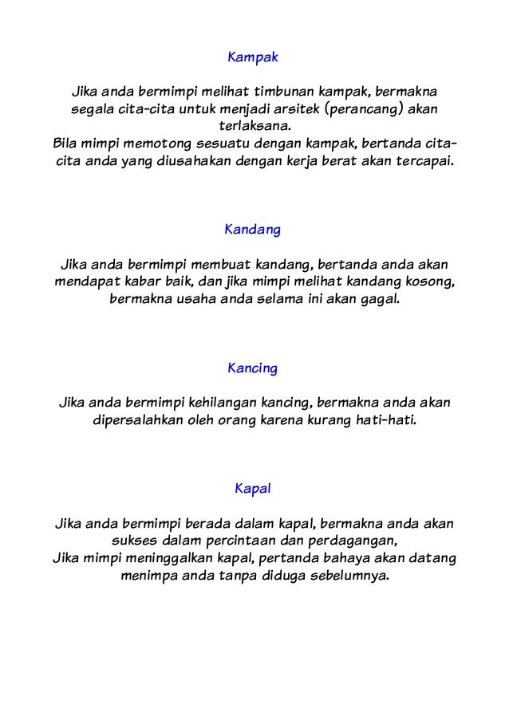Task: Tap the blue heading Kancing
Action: point(253,369)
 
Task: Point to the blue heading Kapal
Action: point(253,489)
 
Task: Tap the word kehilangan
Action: point(224,403)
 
